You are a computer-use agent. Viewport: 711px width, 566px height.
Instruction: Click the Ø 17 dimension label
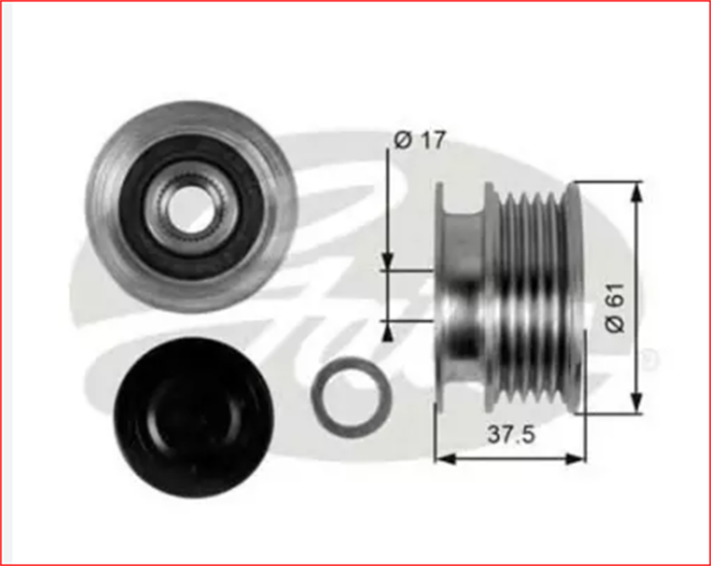pos(419,140)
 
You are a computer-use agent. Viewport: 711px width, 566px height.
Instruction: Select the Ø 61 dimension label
pos(616,307)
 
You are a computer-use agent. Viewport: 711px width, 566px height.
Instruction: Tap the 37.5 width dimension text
pos(511,434)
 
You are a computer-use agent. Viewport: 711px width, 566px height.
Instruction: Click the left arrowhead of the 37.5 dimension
pos(444,458)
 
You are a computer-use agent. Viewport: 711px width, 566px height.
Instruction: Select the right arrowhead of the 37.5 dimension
pos(576,458)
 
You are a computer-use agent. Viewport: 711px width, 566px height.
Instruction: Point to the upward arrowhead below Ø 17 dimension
pos(388,331)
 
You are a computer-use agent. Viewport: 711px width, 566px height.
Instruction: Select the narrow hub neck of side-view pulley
pos(464,293)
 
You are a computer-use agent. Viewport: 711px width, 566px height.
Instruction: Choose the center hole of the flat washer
pos(351,397)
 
